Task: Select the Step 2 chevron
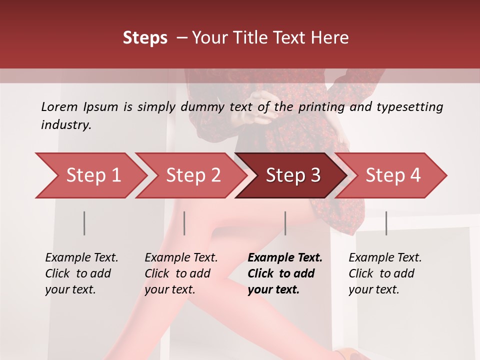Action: [x=193, y=175]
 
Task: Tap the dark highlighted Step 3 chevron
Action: [x=293, y=175]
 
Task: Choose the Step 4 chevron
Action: [x=393, y=175]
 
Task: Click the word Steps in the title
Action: [x=145, y=38]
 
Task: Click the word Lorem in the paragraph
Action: [x=59, y=106]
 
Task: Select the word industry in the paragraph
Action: [x=66, y=124]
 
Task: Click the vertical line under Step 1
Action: [x=84, y=223]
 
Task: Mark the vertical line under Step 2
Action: [x=184, y=223]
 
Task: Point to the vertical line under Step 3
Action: [x=285, y=223]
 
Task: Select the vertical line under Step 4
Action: [x=386, y=223]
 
